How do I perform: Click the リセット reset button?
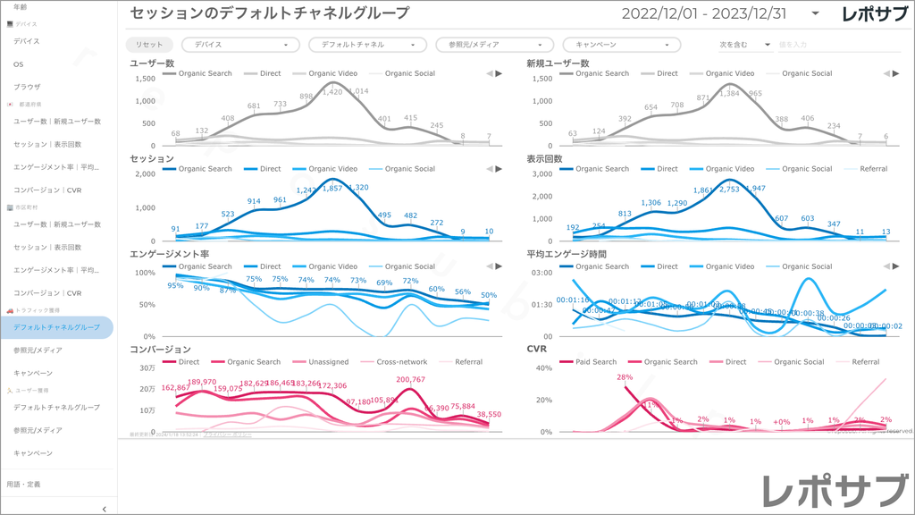tap(149, 45)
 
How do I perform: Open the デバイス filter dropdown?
tap(240, 45)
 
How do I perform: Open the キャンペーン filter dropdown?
tap(621, 45)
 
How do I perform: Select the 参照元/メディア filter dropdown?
tap(494, 45)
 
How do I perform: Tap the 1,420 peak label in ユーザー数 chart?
tap(332, 91)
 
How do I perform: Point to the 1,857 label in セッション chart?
tap(332, 188)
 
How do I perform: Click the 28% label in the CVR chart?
tap(625, 377)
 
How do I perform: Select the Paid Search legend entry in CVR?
tap(592, 362)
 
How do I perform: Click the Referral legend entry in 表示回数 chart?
tap(873, 168)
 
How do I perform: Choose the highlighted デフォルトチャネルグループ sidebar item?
tap(57, 327)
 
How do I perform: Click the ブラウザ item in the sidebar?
tap(28, 87)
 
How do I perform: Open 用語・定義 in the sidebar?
tap(23, 484)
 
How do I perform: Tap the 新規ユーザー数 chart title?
tap(558, 63)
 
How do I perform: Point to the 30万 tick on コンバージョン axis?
tap(148, 368)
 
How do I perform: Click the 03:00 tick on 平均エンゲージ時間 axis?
tap(542, 272)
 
